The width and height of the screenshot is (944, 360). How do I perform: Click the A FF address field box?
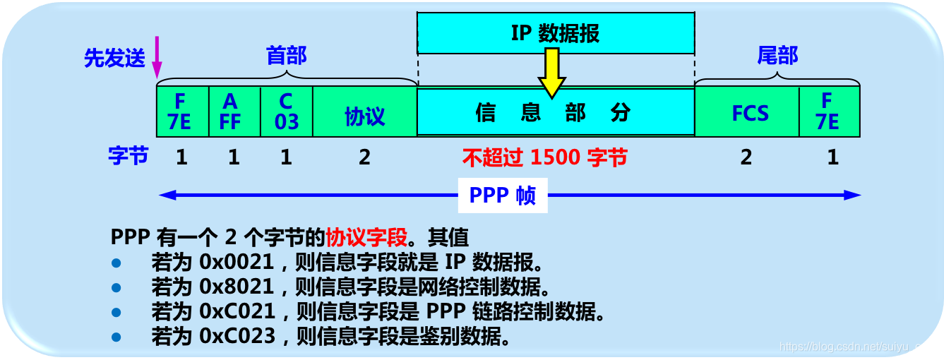click(x=234, y=112)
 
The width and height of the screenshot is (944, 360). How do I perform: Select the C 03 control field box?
click(x=287, y=112)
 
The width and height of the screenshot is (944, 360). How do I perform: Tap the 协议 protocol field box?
click(x=364, y=112)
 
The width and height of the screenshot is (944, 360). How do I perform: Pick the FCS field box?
click(x=748, y=112)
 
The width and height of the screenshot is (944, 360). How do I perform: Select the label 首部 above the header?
click(x=286, y=56)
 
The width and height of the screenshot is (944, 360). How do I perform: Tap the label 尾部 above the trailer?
click(x=777, y=56)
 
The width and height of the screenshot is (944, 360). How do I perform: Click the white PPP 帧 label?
click(x=502, y=196)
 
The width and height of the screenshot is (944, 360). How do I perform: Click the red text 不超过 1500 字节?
click(x=544, y=157)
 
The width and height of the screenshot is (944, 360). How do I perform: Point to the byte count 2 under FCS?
click(x=746, y=157)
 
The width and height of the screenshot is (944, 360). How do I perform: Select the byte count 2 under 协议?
click(x=364, y=157)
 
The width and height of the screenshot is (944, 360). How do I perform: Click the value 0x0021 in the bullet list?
click(x=237, y=263)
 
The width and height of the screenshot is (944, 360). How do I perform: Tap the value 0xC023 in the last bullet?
click(x=237, y=336)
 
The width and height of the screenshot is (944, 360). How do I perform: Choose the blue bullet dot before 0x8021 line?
click(x=116, y=287)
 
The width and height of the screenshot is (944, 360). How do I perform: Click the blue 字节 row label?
click(x=129, y=156)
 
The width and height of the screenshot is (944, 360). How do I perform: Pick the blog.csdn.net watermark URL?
click(x=859, y=347)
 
